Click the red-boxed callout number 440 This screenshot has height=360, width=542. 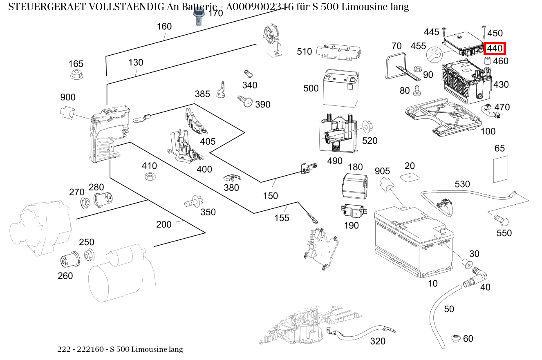coord(495,48)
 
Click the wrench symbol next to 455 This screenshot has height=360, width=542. coord(434,54)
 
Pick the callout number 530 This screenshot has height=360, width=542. coord(462,184)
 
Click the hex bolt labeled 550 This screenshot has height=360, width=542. coord(501,221)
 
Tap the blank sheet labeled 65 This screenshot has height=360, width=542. coord(501,169)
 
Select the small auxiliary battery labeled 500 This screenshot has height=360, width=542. coord(340,88)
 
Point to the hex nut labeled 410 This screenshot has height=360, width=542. coord(149,177)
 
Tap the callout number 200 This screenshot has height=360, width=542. coord(164,224)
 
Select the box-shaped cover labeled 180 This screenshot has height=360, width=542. coord(354,186)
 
